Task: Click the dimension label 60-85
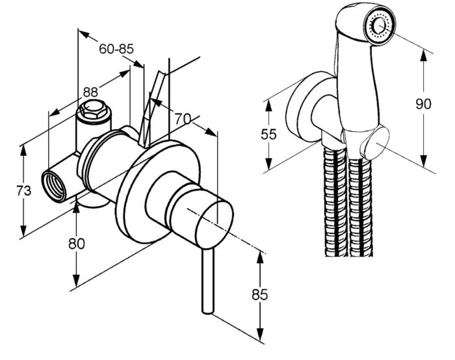116,49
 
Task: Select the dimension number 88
90,92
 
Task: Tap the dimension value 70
183,119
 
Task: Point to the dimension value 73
24,191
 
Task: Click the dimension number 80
77,244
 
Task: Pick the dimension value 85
260,295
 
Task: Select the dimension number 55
268,135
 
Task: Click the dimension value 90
423,104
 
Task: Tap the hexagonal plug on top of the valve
92,109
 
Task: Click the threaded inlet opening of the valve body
55,186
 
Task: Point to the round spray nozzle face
380,25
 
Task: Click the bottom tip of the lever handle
208,312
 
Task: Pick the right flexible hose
361,207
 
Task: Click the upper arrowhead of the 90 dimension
424,56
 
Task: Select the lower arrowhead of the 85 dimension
260,335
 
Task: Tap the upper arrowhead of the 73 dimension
24,151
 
